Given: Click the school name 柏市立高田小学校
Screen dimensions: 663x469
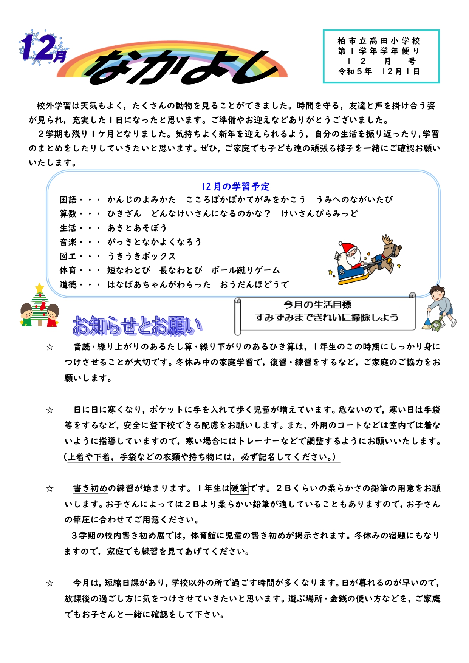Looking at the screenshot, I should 379,41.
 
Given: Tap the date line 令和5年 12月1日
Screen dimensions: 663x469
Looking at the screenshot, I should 379,71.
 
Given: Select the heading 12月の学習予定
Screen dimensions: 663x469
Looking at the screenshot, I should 235,186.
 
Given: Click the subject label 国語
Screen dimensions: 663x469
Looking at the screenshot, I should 68,199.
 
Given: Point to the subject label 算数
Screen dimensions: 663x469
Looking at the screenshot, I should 68,214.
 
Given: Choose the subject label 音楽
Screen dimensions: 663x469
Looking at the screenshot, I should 68,242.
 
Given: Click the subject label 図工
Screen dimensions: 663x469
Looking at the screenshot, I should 68,256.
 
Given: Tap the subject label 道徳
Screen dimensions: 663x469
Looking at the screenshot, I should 68,284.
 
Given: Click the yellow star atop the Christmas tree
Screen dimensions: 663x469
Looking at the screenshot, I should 39,288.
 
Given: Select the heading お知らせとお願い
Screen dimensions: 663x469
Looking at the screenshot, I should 137,326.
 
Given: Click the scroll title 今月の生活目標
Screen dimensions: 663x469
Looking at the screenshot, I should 317,304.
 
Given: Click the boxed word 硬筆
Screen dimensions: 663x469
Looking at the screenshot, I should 239,488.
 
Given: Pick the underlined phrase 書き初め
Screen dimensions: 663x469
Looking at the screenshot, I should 90,488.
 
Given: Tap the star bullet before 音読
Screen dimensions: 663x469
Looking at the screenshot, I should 50,347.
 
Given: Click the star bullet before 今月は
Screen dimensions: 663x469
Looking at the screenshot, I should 50,583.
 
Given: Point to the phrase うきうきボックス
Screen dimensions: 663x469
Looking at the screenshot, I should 142,256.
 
